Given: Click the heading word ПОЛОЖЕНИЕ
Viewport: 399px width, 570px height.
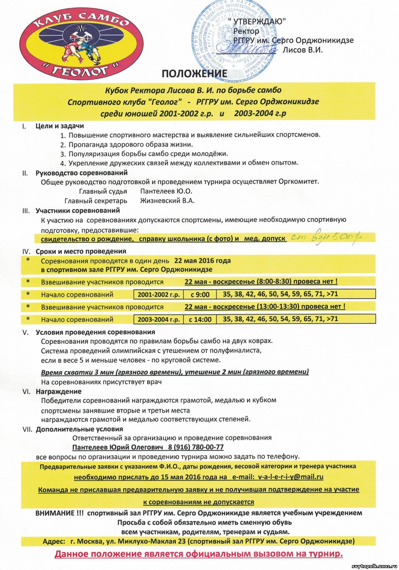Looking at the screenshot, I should click(x=194, y=74).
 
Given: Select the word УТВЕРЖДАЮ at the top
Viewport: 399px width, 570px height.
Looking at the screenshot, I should click(x=259, y=22).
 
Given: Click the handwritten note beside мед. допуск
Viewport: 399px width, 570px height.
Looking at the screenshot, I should click(x=326, y=237).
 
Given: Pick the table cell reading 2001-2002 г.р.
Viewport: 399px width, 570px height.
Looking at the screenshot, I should click(x=159, y=294).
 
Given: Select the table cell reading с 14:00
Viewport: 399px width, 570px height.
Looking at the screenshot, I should click(x=200, y=320).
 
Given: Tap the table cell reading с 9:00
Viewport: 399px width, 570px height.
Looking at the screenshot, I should click(x=200, y=294).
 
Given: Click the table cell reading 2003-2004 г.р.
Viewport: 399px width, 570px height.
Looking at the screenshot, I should click(x=159, y=320).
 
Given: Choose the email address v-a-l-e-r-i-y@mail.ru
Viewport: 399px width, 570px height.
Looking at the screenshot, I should click(x=290, y=477).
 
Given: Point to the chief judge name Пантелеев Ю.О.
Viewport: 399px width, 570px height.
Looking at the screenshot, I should click(x=166, y=191).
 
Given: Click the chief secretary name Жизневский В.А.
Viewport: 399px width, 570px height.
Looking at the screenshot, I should click(x=167, y=201).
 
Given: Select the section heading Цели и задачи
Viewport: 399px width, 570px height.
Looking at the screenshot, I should click(x=60, y=126).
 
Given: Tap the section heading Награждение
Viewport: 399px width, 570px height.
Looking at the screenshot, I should click(x=58, y=391).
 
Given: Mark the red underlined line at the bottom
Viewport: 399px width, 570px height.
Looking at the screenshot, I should click(x=199, y=554).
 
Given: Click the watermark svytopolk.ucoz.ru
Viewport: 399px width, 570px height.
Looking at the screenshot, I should click(x=374, y=566).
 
